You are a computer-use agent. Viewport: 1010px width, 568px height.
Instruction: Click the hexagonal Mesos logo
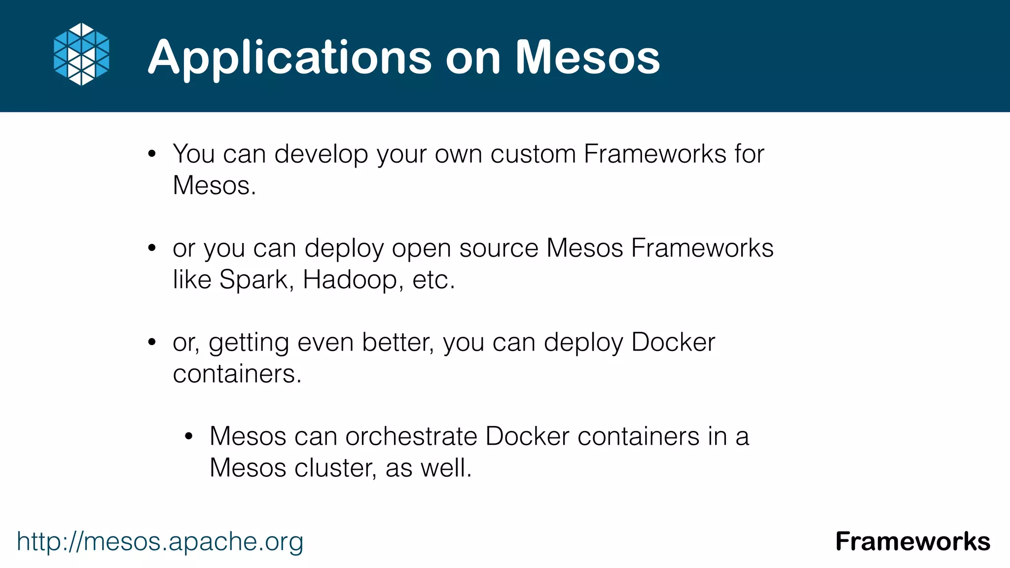[81, 54]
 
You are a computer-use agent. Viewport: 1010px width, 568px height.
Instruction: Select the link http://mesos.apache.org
[160, 541]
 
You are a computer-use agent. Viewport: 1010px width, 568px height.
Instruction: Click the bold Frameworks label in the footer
[912, 541]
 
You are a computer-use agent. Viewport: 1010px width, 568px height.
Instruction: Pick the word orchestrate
[411, 436]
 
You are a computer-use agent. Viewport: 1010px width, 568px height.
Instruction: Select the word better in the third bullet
[397, 342]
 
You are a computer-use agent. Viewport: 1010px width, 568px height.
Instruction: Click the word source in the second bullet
[499, 248]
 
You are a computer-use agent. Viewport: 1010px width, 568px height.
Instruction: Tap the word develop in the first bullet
[321, 154]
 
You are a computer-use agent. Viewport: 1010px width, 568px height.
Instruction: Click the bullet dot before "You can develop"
[152, 154]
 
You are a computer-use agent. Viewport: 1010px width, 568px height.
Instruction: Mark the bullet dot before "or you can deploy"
[152, 248]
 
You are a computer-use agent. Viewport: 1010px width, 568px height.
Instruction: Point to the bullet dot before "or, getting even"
[152, 342]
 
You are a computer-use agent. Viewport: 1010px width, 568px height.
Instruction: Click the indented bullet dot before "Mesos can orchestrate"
[188, 436]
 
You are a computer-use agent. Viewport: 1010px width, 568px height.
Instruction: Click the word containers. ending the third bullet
[237, 374]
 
